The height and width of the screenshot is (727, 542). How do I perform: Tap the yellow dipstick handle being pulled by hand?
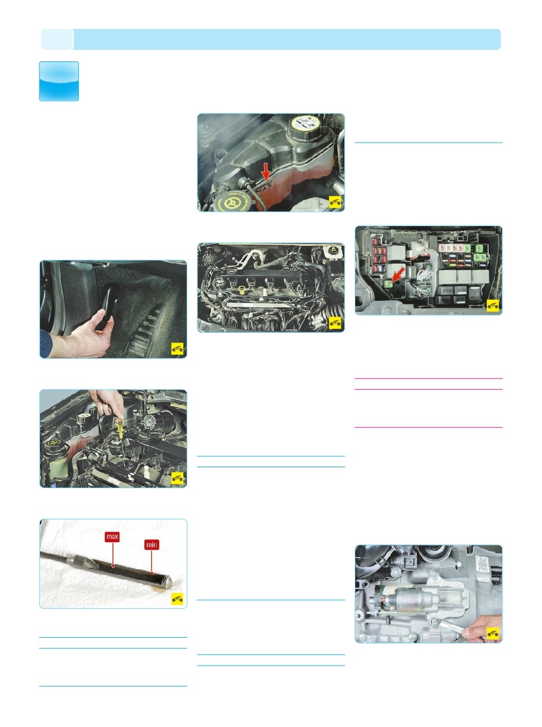pyautogui.click(x=119, y=430)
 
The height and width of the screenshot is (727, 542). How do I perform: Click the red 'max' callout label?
pyautogui.click(x=112, y=537)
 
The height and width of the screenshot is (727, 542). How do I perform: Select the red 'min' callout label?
pyautogui.click(x=151, y=546)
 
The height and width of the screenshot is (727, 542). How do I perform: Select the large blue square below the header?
pyautogui.click(x=59, y=81)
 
